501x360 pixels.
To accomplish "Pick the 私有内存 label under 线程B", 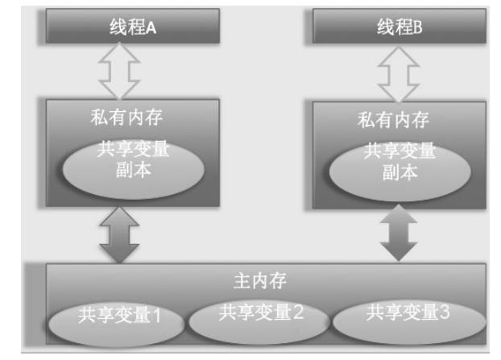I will [x=394, y=121].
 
